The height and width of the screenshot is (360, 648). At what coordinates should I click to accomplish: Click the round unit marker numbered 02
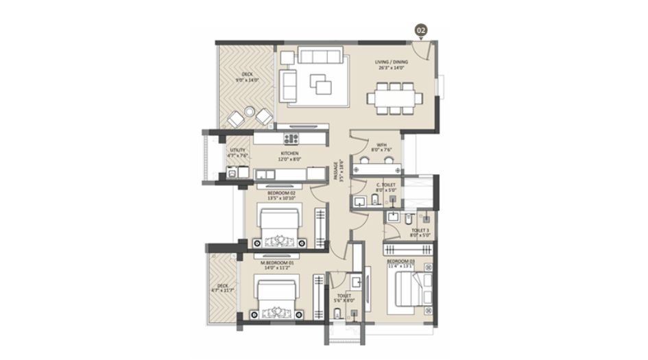421,30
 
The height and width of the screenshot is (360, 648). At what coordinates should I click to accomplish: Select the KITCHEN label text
289,156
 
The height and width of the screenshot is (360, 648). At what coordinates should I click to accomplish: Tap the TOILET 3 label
420,233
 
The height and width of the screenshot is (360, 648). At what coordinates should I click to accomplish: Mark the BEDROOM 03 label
401,264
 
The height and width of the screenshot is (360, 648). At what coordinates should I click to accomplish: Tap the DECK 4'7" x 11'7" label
223,288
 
